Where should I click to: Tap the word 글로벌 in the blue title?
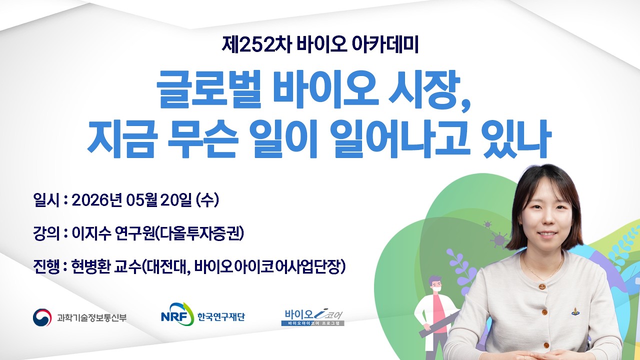point(209,89)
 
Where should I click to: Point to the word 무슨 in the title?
point(202,139)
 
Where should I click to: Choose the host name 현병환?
point(91,266)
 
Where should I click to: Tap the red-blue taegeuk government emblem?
point(42,317)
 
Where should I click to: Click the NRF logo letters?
point(173,316)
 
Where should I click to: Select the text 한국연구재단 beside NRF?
point(221,317)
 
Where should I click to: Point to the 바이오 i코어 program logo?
point(313,317)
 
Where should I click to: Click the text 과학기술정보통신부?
point(92,317)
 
